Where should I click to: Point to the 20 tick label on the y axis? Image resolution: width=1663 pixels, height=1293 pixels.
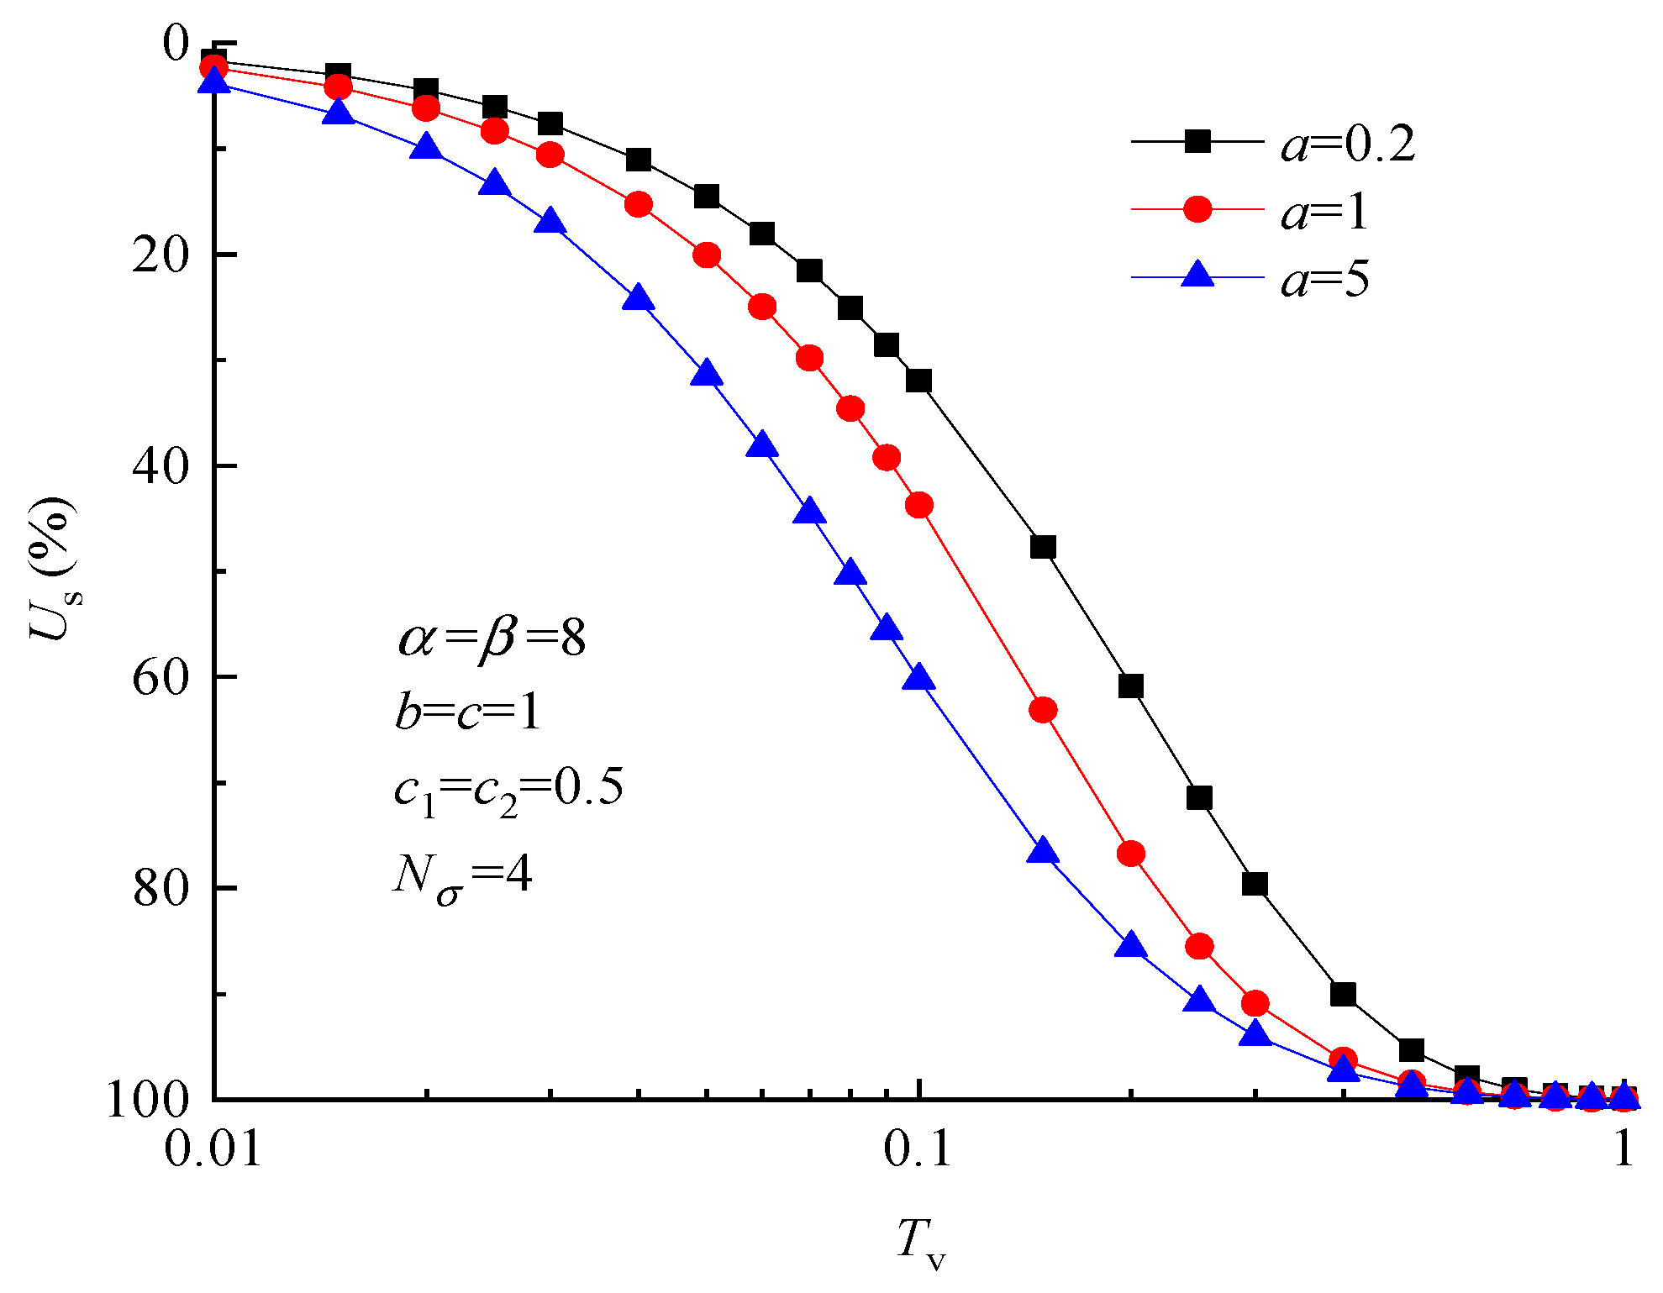160,254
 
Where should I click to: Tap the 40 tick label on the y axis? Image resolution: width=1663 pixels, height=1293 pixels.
160,465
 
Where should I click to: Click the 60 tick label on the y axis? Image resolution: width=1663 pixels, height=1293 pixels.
160,676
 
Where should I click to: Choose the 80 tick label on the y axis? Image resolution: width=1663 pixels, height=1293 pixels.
160,887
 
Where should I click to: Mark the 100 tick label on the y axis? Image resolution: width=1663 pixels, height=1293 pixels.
148,1099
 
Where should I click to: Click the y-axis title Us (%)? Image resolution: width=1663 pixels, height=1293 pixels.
52,569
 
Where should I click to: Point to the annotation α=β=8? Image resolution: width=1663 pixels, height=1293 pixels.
492,639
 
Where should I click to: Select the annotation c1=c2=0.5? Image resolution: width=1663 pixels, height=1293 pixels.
508,790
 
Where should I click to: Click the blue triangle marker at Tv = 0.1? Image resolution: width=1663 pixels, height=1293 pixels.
919,677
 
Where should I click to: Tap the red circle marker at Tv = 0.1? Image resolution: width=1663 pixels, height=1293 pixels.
919,505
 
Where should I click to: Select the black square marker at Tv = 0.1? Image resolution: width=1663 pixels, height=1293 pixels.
919,381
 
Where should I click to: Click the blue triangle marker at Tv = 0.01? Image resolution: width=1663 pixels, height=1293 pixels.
214,81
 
